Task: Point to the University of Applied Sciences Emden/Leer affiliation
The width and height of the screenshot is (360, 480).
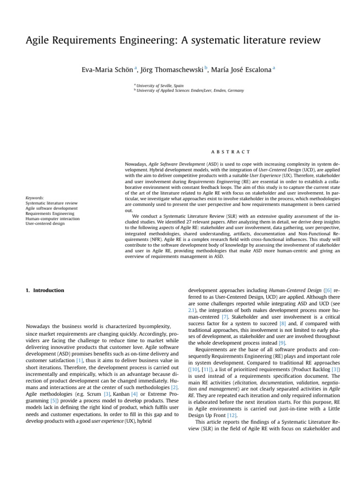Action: (190, 90)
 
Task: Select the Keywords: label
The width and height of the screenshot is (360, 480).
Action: (35, 198)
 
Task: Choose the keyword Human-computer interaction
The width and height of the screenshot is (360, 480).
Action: (52, 218)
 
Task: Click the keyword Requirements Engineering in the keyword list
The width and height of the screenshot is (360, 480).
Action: (50, 213)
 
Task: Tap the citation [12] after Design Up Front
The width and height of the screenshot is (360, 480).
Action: (232, 415)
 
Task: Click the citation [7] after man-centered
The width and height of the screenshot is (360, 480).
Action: (225, 317)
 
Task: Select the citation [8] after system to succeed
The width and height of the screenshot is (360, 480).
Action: (283, 323)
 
